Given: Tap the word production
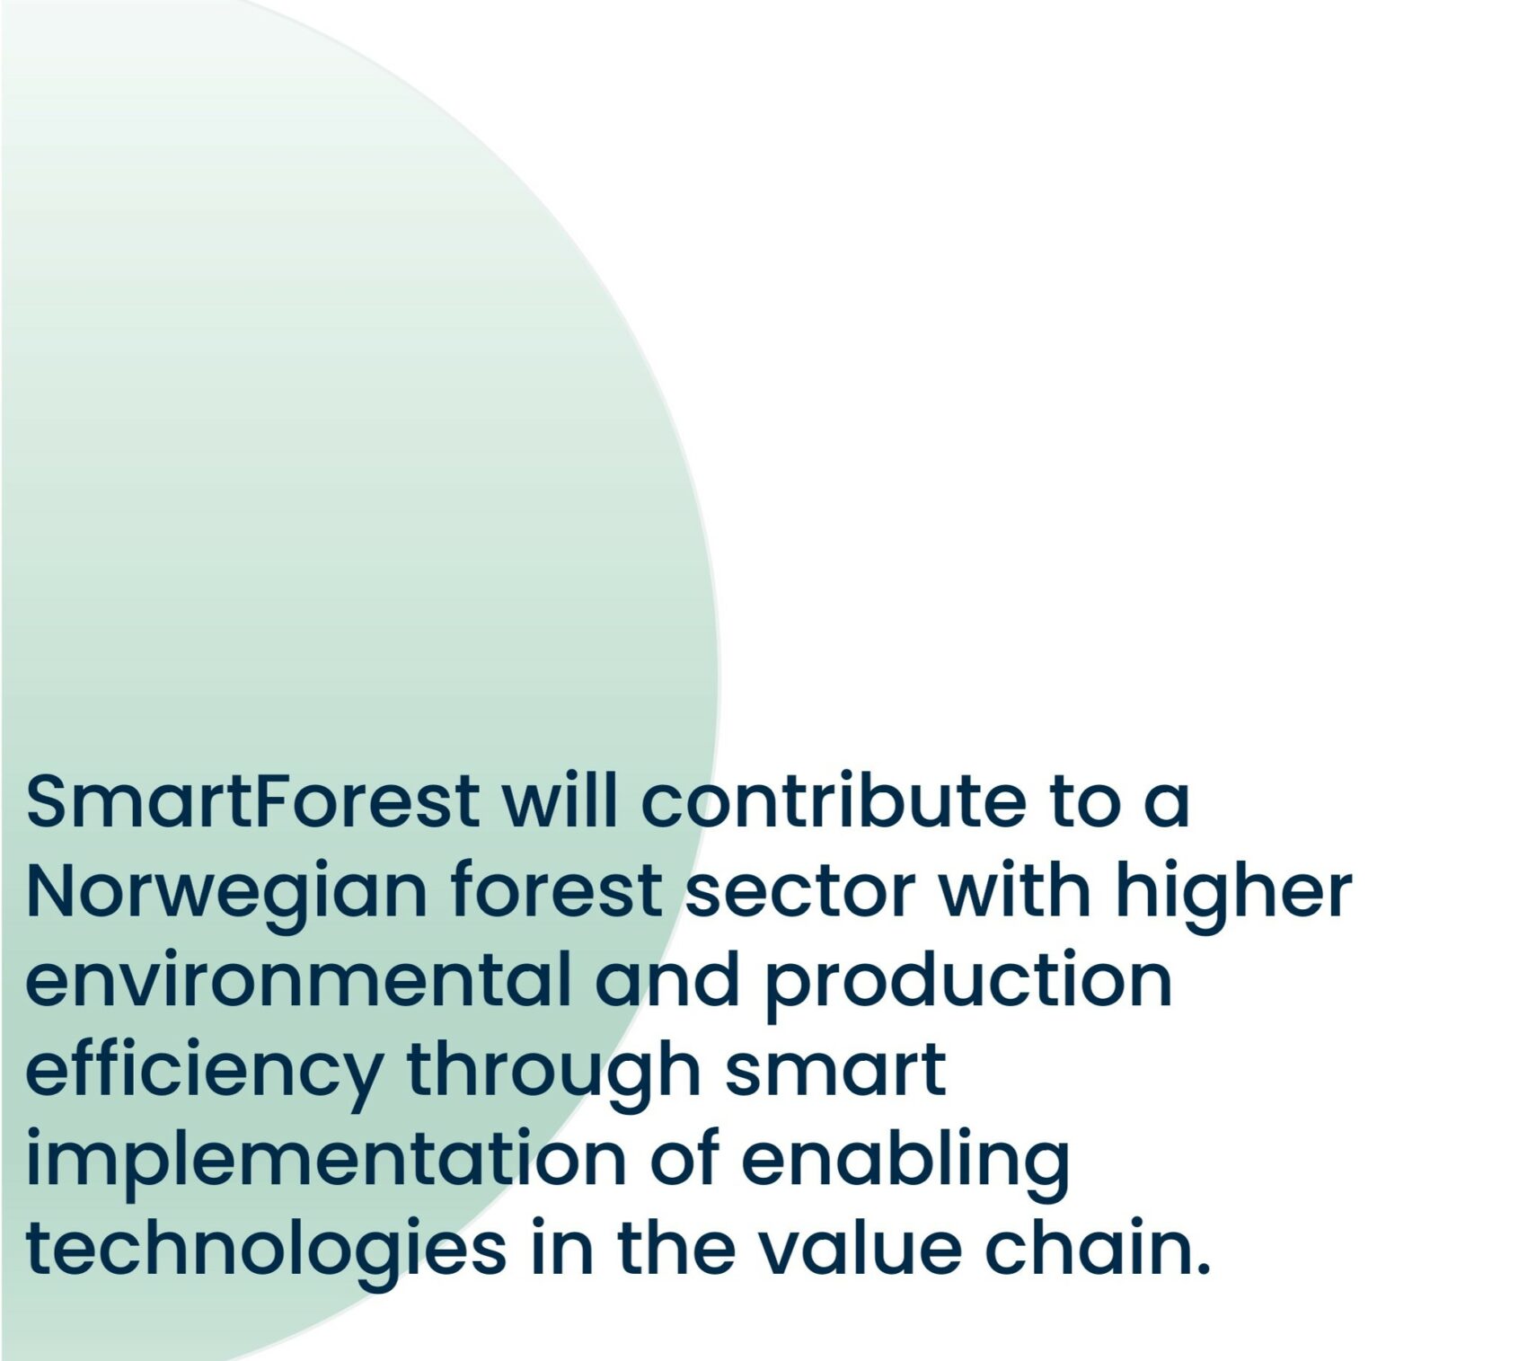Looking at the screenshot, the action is (968, 981).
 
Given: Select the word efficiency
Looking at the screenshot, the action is (204, 1071).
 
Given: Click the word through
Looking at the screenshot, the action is (553, 1071).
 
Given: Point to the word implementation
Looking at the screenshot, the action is (326, 1161).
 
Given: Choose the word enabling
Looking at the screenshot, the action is (905, 1161).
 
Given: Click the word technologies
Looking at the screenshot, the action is (266, 1251).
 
